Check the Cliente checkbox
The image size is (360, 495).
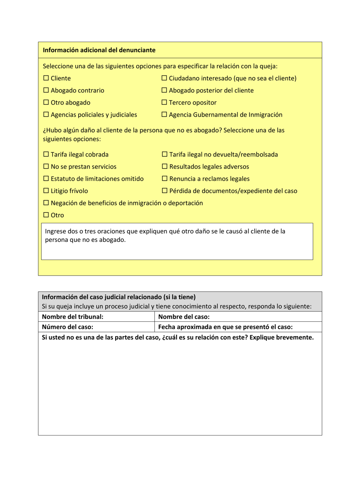click(x=46, y=78)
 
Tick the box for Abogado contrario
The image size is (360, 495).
click(x=46, y=91)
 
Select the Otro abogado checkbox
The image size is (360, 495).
click(x=46, y=103)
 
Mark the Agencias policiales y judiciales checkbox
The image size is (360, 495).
click(x=46, y=115)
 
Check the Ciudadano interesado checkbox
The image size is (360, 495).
click(x=164, y=78)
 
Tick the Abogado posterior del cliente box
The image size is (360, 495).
click(x=164, y=91)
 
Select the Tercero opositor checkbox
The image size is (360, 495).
click(x=164, y=103)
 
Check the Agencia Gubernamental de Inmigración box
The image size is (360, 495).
click(x=164, y=115)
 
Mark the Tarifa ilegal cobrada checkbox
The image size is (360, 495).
click(x=46, y=155)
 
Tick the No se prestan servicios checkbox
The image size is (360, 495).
click(x=46, y=167)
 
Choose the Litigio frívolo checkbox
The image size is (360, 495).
click(x=46, y=191)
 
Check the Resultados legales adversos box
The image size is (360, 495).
click(x=164, y=167)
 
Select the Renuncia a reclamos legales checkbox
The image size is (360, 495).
click(x=164, y=179)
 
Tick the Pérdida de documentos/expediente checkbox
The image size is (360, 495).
click(x=164, y=191)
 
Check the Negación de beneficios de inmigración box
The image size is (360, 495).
click(x=46, y=203)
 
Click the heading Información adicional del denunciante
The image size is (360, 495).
click(x=99, y=50)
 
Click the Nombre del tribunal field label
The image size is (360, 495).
click(x=72, y=317)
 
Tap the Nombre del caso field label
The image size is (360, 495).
click(x=184, y=317)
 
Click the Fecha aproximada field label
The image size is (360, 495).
click(x=225, y=327)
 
